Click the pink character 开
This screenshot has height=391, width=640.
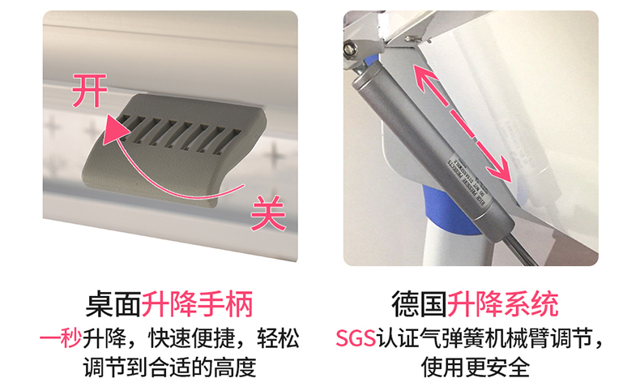(x=89, y=90)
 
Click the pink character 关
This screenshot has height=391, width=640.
(x=268, y=213)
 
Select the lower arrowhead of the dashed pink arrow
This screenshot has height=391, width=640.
(x=505, y=173)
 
